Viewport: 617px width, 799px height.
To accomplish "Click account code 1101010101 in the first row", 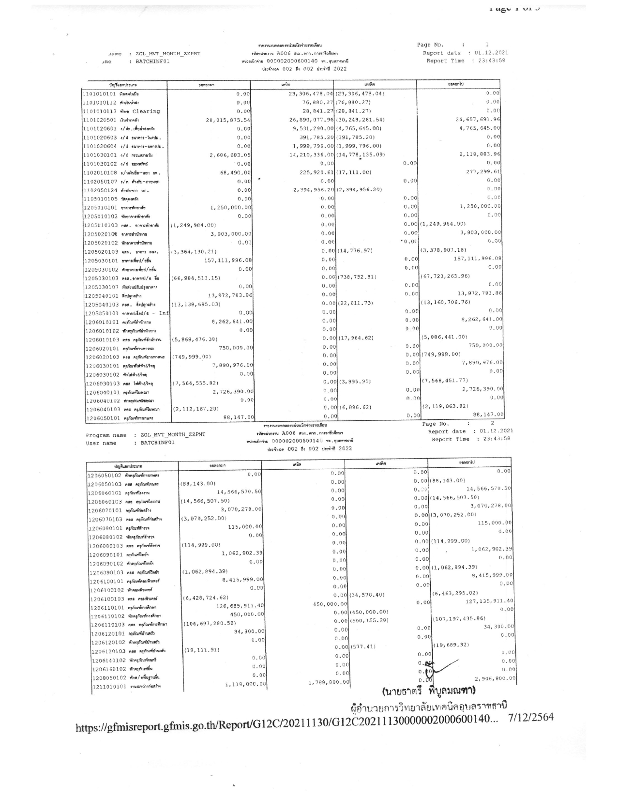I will (x=99, y=94).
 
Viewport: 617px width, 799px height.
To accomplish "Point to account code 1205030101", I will (x=101, y=261).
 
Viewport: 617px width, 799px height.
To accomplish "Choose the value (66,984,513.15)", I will (x=196, y=278).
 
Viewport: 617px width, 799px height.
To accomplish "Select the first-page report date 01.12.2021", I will (x=491, y=53).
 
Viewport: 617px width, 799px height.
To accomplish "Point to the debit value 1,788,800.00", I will (x=329, y=682).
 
